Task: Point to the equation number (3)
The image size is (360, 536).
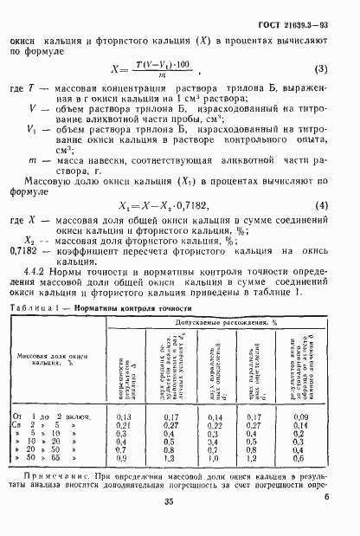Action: (x=319, y=69)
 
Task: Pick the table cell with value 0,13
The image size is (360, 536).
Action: (x=123, y=417)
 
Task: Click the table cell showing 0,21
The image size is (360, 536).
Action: (x=123, y=426)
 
